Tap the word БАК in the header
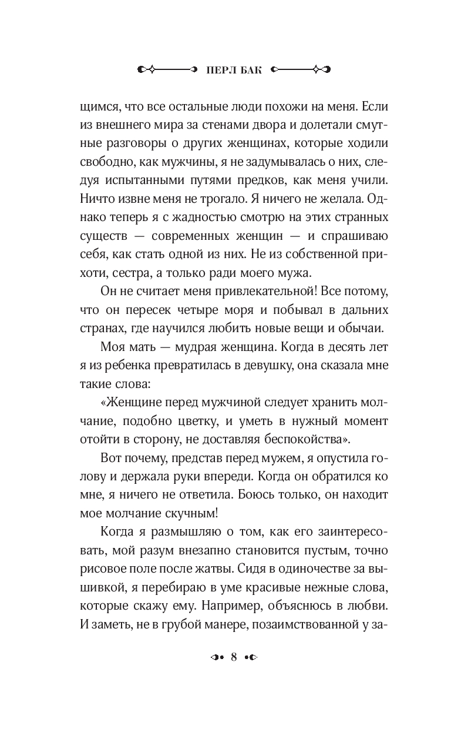[x=248, y=69]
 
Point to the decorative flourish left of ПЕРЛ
[x=167, y=69]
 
